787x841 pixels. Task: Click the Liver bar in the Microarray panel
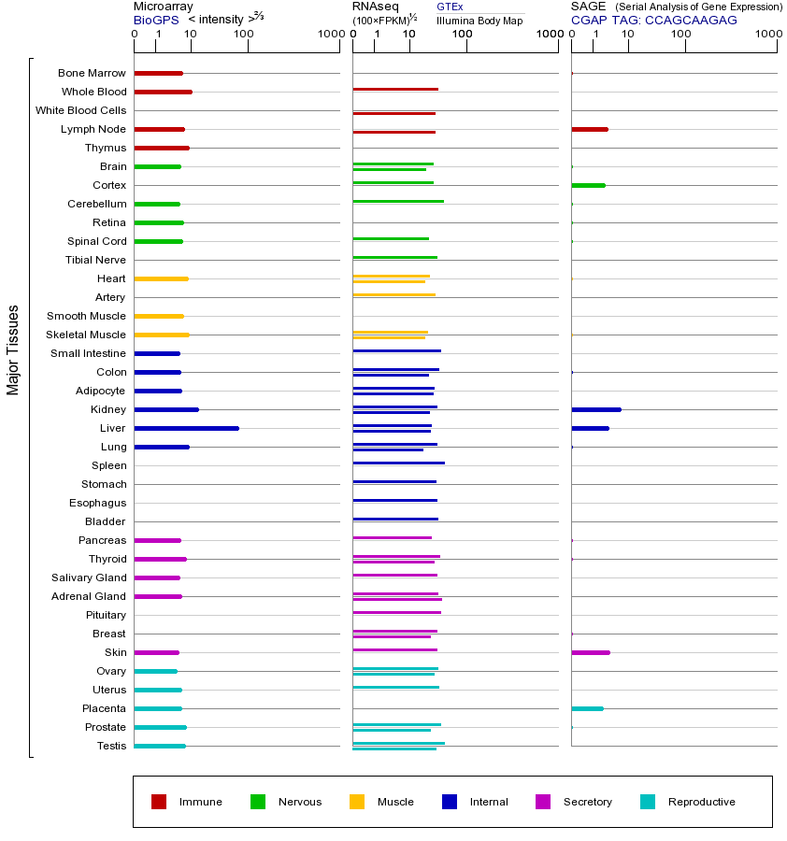[x=187, y=428]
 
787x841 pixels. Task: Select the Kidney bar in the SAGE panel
[x=596, y=409]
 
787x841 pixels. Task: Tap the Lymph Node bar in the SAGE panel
[x=590, y=129]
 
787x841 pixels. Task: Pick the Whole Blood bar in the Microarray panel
[x=164, y=92]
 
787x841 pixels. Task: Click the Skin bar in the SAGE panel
[x=591, y=652]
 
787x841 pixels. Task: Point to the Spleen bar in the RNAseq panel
[x=399, y=463]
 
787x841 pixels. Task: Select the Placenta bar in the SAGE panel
[x=588, y=708]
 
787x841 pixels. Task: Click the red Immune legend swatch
[x=159, y=802]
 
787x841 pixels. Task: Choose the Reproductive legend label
[x=701, y=802]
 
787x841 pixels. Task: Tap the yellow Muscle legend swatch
[x=357, y=802]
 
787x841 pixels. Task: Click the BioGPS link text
[x=155, y=20]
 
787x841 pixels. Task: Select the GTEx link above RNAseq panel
[x=450, y=7]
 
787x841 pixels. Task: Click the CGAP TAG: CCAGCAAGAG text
[x=654, y=20]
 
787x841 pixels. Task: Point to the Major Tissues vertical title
[x=13, y=349]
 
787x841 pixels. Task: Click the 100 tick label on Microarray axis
[x=243, y=35]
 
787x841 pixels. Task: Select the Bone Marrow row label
[x=92, y=73]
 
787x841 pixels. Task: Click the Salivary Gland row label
[x=89, y=577]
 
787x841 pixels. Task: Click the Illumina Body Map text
[x=479, y=20]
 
